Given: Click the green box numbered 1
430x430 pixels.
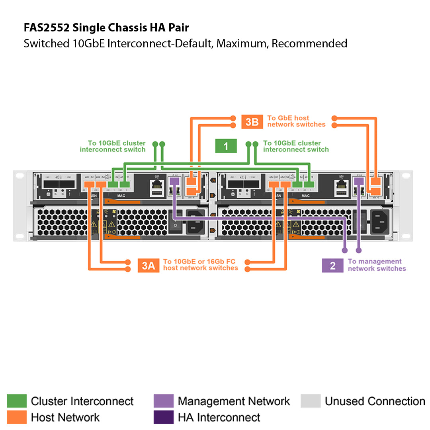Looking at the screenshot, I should [x=226, y=146].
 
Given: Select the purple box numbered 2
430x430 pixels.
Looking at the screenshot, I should [x=332, y=266].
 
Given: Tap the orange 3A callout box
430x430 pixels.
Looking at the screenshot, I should [x=148, y=266].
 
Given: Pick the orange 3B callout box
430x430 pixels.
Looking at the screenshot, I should [x=252, y=121].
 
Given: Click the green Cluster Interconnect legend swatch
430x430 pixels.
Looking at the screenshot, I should [x=17, y=401].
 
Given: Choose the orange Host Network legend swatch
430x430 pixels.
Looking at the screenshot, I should [x=17, y=417].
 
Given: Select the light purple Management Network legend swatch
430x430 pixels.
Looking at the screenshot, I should [x=164, y=401].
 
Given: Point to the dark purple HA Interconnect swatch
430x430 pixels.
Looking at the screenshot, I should [x=164, y=417].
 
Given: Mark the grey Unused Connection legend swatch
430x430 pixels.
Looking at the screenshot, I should [x=311, y=401].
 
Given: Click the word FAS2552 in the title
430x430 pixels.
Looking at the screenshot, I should [x=47, y=27].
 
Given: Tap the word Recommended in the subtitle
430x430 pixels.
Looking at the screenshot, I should [x=309, y=43].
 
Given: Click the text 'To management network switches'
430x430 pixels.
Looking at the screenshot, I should [x=377, y=265].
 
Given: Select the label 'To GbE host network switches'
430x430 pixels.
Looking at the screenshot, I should [x=296, y=121].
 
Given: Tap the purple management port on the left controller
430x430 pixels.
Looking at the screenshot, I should [x=174, y=181].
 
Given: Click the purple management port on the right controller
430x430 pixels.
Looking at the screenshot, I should [x=359, y=181].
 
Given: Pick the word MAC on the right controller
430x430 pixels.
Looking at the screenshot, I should [x=305, y=195].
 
